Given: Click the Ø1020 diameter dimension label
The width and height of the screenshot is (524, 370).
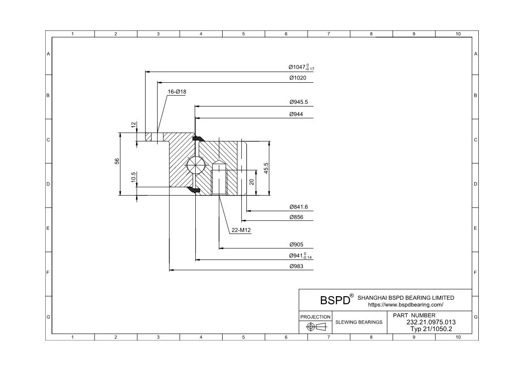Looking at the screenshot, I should pos(298,78).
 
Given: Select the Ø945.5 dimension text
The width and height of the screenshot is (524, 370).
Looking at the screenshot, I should pos(299,102).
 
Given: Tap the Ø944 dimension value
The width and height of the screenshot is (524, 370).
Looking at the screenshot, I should pos(296,114).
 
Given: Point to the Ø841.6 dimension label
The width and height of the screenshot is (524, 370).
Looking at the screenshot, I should pos(299,207).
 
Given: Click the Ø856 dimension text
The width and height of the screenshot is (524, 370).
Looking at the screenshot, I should pos(296,217).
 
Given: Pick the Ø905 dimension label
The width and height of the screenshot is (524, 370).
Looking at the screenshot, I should pos(296,245).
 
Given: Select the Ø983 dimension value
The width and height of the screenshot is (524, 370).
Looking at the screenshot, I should pos(296,266).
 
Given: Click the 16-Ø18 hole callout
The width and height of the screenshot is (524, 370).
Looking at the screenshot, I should pos(177,92).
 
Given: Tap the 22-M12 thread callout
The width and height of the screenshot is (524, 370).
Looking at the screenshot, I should pos(241,230).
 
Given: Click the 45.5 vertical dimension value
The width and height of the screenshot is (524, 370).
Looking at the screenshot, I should pos(266,168).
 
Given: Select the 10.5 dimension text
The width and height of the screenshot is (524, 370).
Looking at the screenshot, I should pos(133,177).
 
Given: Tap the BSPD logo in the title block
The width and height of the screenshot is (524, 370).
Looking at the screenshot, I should pos(335,300).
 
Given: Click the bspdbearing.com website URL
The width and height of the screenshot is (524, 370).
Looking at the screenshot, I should pos(405,305).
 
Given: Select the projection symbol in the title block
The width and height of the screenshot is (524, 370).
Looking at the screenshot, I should pos(315,327).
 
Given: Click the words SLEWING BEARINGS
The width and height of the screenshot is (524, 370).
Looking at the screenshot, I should pos(359,322).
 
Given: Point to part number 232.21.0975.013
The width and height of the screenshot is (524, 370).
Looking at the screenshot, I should pos(431,322).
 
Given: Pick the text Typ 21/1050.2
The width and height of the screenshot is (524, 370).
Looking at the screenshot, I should pos(431,329).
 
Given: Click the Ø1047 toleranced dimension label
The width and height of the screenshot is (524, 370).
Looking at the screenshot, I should pos(301,67).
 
